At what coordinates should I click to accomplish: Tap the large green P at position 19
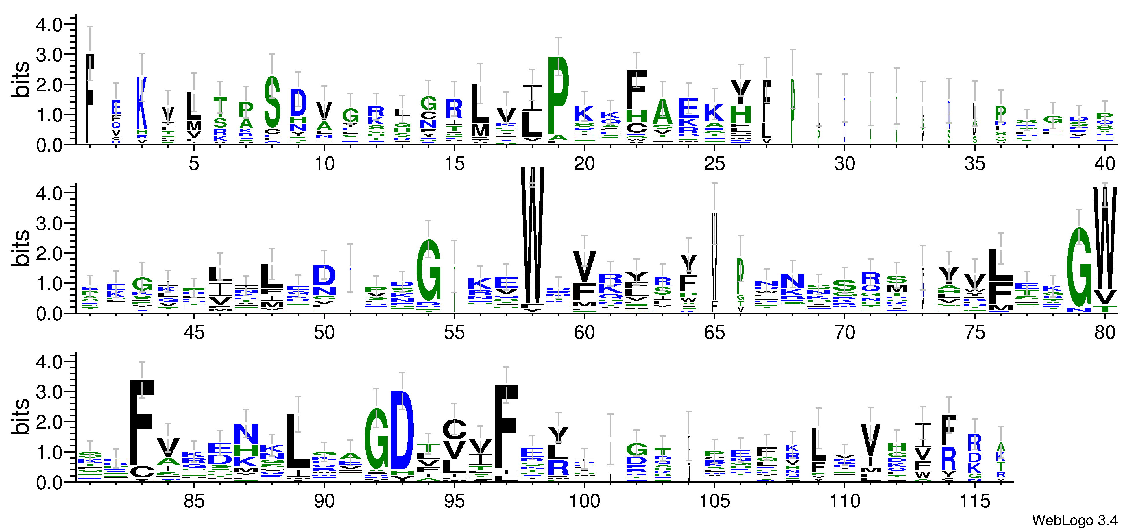(558, 96)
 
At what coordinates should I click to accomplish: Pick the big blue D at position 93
(402, 430)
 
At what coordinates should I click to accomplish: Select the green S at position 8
(272, 101)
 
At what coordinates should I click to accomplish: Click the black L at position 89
(298, 441)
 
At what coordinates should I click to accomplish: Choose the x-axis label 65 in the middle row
(714, 333)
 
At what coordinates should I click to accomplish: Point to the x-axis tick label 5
(194, 164)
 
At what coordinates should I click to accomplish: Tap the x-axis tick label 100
(584, 501)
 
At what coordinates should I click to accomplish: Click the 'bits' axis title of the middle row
(21, 248)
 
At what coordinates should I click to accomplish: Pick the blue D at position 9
(298, 102)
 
